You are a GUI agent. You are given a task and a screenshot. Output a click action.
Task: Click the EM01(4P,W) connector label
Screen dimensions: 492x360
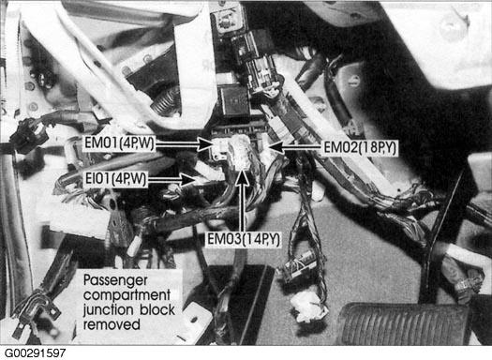coord(120,143)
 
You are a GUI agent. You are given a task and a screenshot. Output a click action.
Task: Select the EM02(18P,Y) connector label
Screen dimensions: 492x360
coord(361,147)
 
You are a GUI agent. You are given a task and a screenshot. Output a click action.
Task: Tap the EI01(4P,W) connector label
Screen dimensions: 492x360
coord(115,179)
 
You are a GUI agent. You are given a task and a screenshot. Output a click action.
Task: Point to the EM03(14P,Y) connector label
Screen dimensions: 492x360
coord(243,239)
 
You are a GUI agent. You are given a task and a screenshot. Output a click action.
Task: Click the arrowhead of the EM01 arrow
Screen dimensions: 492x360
coord(205,144)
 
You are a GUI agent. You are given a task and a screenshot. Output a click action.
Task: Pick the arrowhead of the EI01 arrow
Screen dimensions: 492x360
coord(188,180)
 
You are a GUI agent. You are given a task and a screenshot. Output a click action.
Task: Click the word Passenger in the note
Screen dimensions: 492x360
coord(115,280)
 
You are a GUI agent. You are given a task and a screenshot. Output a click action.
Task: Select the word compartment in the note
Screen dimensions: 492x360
coord(127,295)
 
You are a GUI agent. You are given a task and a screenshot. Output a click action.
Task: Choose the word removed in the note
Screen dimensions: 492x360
coord(112,323)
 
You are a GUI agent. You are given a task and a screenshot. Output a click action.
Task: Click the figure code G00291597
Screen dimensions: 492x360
coord(36,352)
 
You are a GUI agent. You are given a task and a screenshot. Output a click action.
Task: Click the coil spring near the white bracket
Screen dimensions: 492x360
coord(165,100)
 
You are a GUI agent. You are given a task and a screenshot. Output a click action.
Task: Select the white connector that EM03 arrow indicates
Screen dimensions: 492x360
coord(240,151)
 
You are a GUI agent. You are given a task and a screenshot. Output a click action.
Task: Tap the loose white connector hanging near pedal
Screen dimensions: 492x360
coord(308,306)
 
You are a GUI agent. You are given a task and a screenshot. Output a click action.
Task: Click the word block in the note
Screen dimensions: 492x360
coord(157,309)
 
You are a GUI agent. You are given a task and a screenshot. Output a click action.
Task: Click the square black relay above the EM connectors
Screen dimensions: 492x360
coord(234,101)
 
